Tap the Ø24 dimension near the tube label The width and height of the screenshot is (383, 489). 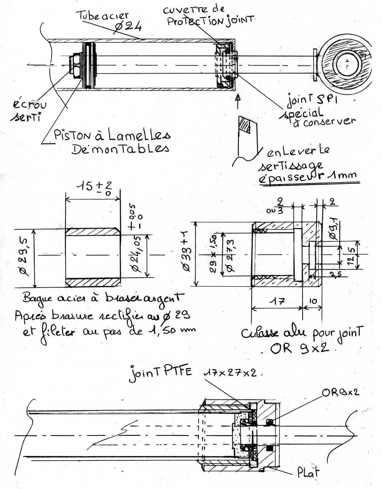pos(128,27)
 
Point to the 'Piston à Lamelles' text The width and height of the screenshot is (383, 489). pos(112,136)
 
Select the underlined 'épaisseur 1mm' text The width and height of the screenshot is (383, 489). pos(308,177)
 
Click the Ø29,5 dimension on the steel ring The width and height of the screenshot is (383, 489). pos(25,258)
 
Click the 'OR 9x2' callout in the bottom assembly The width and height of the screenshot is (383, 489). pos(341,392)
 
